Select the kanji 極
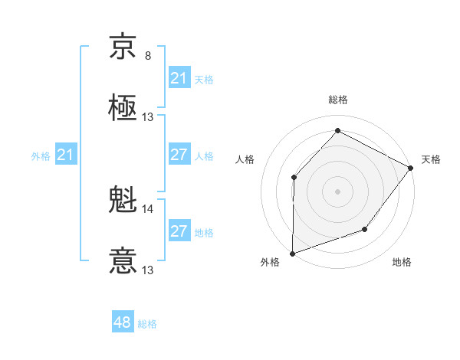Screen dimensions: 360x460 [123, 108]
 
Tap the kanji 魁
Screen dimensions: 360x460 [123, 200]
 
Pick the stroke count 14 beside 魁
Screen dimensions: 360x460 [148, 208]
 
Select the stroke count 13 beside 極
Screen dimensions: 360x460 [148, 117]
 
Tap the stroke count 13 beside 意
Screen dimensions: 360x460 [148, 270]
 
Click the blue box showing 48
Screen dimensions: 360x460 [123, 322]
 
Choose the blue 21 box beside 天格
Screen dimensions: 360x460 [179, 78]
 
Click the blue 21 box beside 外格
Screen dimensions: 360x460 [65, 155]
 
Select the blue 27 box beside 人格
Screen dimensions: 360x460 [179, 155]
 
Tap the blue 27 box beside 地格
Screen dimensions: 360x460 [179, 231]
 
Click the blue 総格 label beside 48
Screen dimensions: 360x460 [147, 324]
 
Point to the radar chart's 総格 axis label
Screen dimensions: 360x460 [338, 100]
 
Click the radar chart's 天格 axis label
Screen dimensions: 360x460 [431, 159]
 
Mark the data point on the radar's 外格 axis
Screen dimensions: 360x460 [292, 254]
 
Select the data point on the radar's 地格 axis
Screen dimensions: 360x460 [365, 229]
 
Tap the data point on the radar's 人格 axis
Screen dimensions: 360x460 [294, 177]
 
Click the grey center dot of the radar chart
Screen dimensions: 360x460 [337, 191]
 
